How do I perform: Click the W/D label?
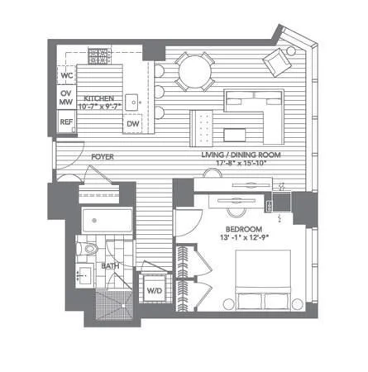click(155, 290)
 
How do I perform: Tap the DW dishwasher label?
click(133, 124)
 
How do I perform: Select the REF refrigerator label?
click(66, 122)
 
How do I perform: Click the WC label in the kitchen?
click(67, 75)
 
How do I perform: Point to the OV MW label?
click(66, 98)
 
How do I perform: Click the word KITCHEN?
click(98, 98)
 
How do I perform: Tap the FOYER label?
click(103, 157)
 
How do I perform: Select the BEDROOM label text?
click(244, 229)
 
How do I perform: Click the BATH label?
click(110, 266)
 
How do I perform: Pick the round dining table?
click(195, 72)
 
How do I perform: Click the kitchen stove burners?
click(99, 56)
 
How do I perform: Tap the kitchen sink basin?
click(131, 103)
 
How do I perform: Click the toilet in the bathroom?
click(89, 249)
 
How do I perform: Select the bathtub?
click(108, 221)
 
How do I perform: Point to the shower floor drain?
click(123, 306)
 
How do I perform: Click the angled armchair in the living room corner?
click(277, 62)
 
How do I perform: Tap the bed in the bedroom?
click(263, 279)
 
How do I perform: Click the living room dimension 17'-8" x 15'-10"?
click(241, 163)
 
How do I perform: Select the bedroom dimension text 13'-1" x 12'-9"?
click(244, 237)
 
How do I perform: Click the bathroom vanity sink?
click(84, 275)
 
